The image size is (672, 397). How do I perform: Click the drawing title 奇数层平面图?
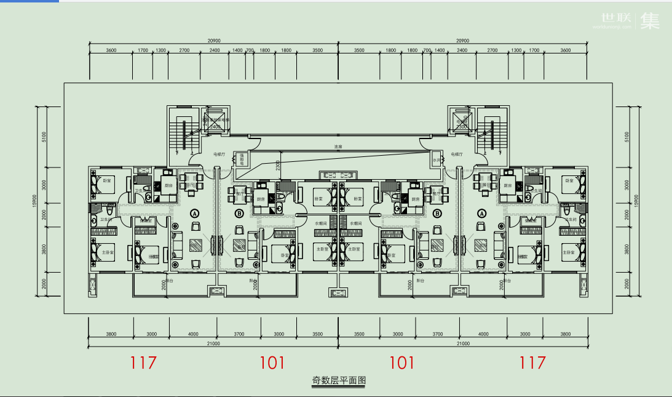pyautogui.click(x=339, y=380)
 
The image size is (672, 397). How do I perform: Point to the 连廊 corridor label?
pyautogui.click(x=338, y=146)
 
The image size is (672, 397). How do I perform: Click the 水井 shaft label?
pyautogui.click(x=436, y=160)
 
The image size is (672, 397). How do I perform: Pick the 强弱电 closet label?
pyautogui.click(x=242, y=159)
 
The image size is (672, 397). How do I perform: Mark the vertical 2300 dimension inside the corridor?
pyautogui.click(x=278, y=165)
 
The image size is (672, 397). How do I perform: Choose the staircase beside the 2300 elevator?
pyautogui.click(x=491, y=131)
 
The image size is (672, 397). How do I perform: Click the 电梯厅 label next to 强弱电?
pyautogui.click(x=219, y=154)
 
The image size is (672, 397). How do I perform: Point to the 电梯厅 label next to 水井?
pyautogui.click(x=456, y=154)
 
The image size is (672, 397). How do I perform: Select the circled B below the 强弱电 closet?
pyautogui.click(x=239, y=214)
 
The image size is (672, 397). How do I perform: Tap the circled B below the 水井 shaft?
pyautogui.click(x=437, y=214)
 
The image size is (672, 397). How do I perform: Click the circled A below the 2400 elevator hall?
pyautogui.click(x=196, y=213)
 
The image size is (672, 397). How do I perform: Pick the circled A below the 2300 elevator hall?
pyautogui.click(x=481, y=213)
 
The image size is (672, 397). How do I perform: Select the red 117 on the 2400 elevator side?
pyautogui.click(x=144, y=363)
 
